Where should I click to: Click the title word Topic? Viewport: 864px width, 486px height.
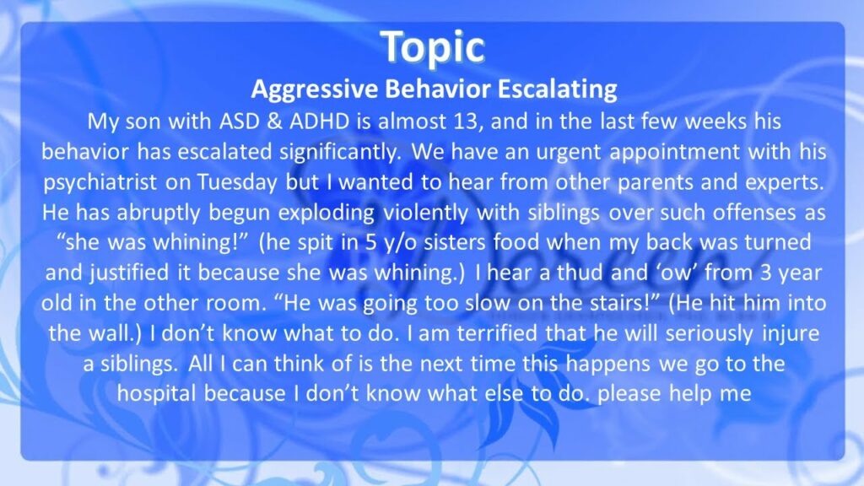tap(433, 48)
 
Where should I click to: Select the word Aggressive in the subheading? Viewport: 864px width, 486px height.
tap(314, 89)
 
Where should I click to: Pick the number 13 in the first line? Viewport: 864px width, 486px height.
tap(466, 121)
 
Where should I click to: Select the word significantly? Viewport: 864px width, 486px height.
tap(340, 152)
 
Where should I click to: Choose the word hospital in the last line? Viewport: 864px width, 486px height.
tap(156, 394)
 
